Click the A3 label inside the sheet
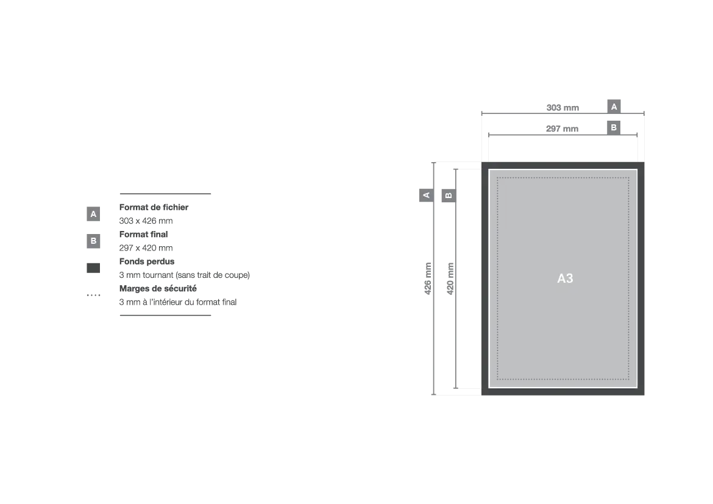coord(565,279)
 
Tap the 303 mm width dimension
coord(562,108)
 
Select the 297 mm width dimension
coord(562,129)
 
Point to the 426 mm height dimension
coord(428,279)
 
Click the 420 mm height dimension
coord(450,279)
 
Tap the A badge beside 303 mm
coord(614,107)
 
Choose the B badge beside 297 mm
coord(614,127)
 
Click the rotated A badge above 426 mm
coord(426,195)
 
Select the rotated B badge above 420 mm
coord(449,196)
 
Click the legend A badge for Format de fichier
coord(93,214)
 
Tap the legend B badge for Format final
coord(93,241)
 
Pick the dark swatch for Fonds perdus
coord(93,268)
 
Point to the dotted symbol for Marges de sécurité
coord(94,295)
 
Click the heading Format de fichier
coord(154,207)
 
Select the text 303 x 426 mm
coord(146,221)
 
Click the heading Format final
coord(144,234)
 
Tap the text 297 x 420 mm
coord(146,248)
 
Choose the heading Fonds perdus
coord(147,261)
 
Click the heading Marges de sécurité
coord(158,288)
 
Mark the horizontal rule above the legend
coord(166,194)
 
